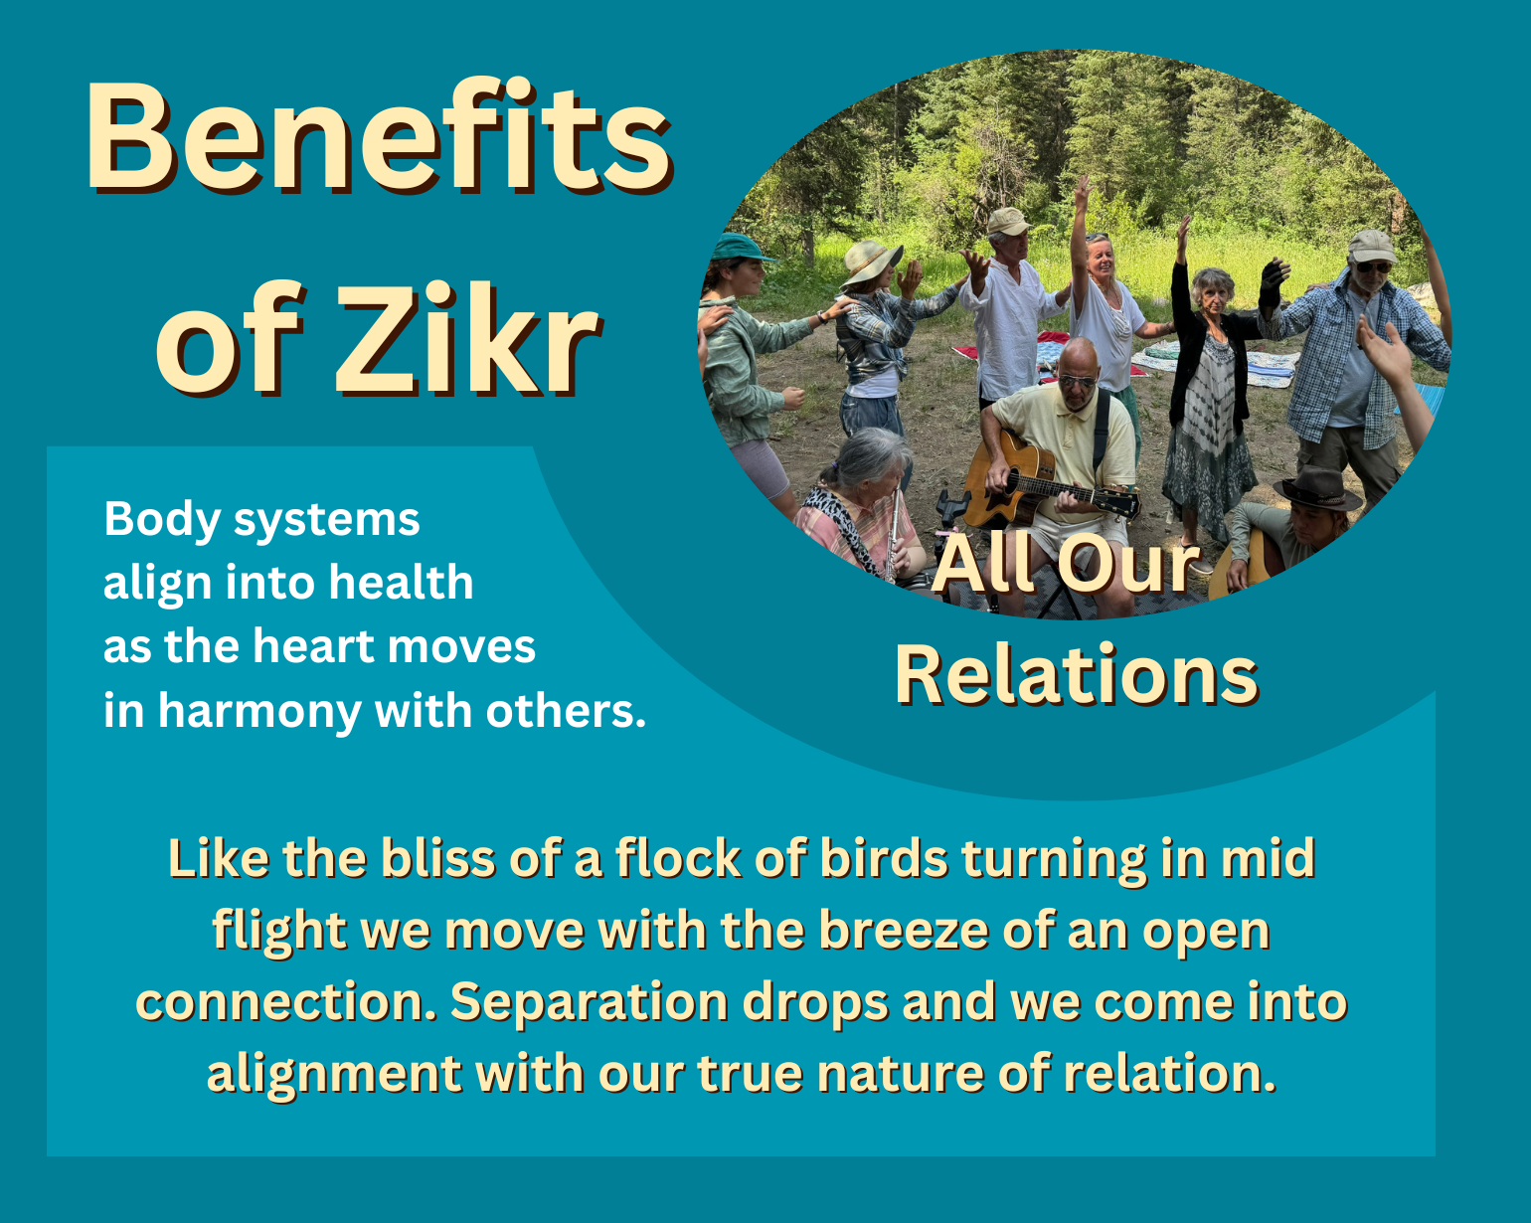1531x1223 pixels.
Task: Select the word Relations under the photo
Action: tap(1077, 674)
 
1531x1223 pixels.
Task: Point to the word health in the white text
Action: tap(402, 582)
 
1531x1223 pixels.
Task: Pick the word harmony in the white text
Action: tap(260, 713)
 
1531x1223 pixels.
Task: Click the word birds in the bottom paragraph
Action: tap(885, 859)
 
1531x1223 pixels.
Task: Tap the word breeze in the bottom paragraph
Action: tap(904, 931)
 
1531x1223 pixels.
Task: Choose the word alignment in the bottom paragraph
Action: tap(334, 1075)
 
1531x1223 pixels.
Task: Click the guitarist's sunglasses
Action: tap(1077, 382)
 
